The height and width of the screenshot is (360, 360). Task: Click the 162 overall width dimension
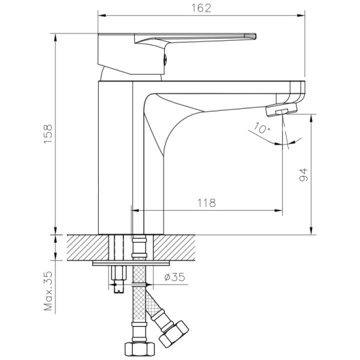pos(201,9)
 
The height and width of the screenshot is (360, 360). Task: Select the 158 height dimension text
pos(48,134)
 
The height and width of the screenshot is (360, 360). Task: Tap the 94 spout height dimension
pos(304,175)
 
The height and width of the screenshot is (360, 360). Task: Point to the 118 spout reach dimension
pos(207,203)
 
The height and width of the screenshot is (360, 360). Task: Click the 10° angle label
pos(262,128)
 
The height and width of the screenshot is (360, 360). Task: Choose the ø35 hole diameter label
pos(175,278)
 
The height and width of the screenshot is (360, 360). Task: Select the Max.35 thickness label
pos(48,291)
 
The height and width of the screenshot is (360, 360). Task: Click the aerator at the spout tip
pos(281,110)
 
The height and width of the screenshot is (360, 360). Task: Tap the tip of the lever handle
pos(255,36)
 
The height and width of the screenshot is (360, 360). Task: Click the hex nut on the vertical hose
pos(139,349)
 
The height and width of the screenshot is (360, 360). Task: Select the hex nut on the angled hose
pos(174,334)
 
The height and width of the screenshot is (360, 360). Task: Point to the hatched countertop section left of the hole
pos(88,247)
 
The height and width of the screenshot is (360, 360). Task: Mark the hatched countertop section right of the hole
pos(174,247)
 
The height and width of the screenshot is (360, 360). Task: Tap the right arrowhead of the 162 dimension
pos(301,16)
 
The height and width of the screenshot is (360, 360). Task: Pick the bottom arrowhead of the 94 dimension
pos(311,230)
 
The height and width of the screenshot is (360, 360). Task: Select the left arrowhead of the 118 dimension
pos(135,210)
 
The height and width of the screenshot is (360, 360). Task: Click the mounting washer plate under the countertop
pos(131,263)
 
